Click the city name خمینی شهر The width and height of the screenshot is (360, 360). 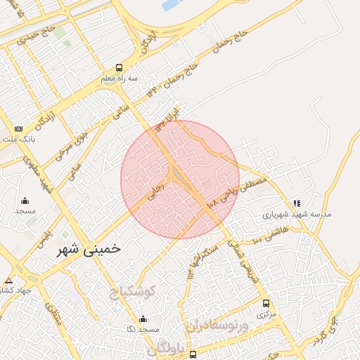(x=89, y=248)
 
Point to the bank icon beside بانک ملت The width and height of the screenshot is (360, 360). (x=18, y=129)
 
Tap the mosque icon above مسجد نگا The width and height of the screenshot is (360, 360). (x=143, y=319)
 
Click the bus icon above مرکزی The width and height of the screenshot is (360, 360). (x=265, y=303)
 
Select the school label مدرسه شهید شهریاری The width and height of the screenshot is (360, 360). (x=297, y=214)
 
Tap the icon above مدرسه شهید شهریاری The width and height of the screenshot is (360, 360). (x=296, y=203)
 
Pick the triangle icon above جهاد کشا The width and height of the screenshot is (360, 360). (x=8, y=280)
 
